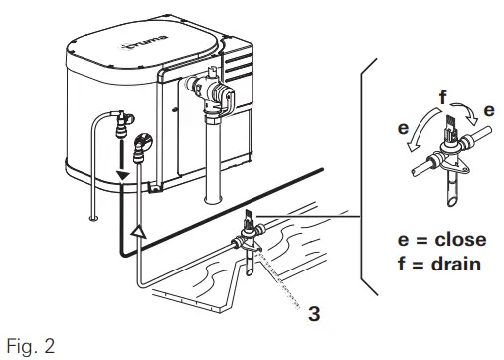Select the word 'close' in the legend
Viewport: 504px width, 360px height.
pos(445,240)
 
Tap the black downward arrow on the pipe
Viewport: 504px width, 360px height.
pos(121,176)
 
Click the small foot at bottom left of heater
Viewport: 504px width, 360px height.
pos(92,213)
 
